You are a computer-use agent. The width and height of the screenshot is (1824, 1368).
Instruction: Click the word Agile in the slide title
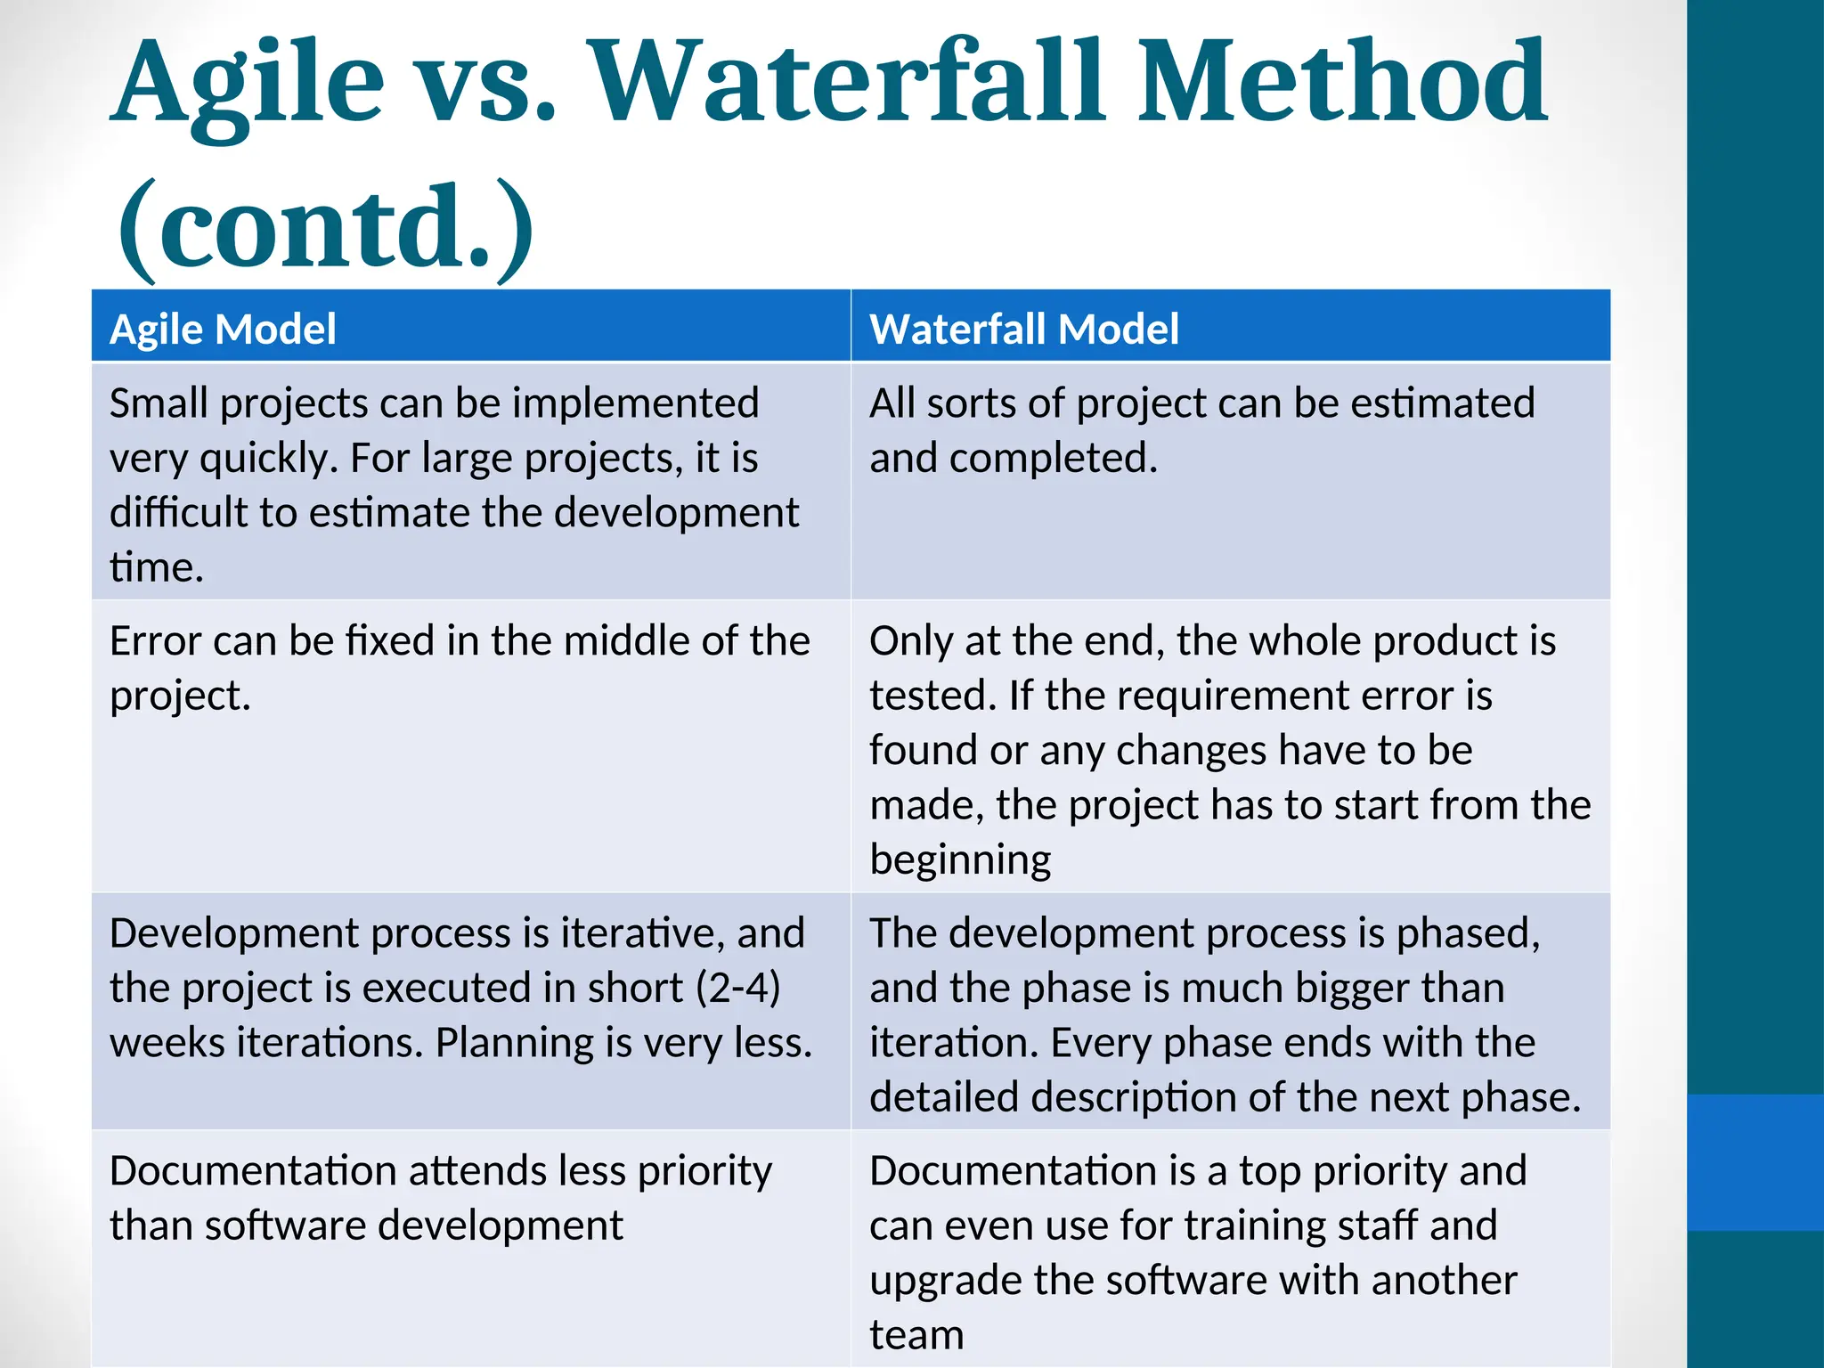249,85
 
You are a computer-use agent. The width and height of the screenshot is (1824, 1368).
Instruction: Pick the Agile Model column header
223,329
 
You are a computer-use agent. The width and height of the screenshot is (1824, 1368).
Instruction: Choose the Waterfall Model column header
1024,329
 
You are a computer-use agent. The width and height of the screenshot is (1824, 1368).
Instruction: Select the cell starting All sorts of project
1202,430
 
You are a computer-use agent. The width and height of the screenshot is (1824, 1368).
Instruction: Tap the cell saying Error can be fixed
459,667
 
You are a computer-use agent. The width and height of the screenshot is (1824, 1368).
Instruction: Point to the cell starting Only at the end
1229,748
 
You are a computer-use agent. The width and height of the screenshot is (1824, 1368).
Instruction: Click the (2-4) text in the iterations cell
738,988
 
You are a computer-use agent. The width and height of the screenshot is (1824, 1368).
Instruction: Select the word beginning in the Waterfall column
960,859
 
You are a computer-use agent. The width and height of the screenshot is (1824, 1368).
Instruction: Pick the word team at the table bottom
916,1335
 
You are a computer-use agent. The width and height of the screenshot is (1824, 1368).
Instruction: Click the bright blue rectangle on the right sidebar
1755,1162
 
